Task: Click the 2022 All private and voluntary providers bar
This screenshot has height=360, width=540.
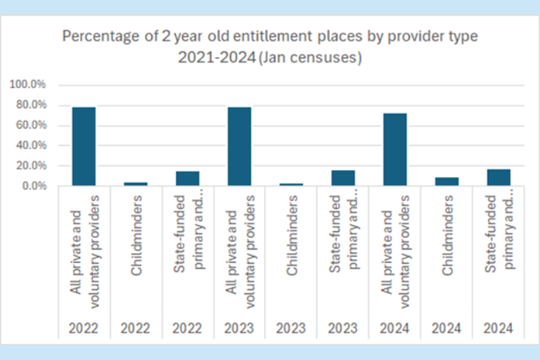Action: (x=84, y=146)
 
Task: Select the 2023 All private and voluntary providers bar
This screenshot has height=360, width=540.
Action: (x=240, y=146)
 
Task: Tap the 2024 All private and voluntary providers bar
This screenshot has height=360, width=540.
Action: (x=394, y=149)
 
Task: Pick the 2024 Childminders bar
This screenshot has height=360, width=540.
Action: (x=446, y=181)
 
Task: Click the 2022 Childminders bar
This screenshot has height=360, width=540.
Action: (x=136, y=184)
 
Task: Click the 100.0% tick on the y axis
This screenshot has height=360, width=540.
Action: (x=29, y=84)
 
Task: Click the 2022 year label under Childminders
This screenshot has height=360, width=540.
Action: (x=136, y=328)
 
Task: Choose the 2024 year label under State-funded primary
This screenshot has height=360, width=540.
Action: (x=499, y=328)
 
